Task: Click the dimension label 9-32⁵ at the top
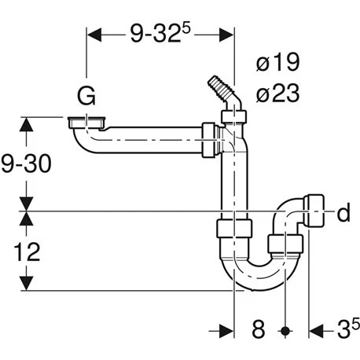[160, 34]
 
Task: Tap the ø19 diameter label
[277, 62]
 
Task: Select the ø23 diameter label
[277, 94]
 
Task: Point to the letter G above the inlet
[86, 96]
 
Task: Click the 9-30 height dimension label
[26, 163]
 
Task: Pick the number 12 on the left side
[27, 252]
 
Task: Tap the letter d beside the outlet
[343, 212]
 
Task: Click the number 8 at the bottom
[259, 329]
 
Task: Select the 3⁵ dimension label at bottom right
[348, 329]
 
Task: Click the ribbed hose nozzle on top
[222, 89]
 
